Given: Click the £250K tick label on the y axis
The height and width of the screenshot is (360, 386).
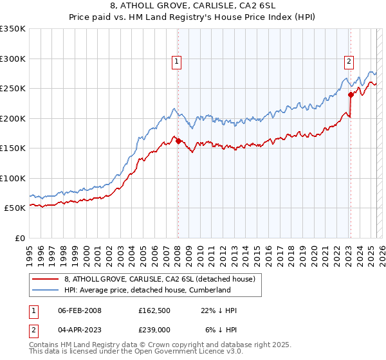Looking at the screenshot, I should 12,89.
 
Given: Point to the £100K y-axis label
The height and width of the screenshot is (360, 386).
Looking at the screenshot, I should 12,178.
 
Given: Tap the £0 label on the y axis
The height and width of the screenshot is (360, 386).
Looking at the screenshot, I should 19,238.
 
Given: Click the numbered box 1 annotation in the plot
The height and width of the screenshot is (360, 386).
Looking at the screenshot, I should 176,62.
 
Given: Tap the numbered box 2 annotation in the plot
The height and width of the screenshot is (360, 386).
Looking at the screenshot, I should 348,62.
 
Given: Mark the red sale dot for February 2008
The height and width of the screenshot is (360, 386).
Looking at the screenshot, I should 178,141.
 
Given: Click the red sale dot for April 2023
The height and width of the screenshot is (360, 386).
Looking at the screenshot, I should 351,95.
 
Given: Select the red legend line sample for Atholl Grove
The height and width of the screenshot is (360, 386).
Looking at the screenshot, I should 45,279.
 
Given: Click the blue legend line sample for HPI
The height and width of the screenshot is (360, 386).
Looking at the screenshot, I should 45,290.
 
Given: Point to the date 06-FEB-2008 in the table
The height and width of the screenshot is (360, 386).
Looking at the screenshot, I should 79,310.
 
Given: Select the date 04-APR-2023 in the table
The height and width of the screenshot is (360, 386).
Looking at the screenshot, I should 79,330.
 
